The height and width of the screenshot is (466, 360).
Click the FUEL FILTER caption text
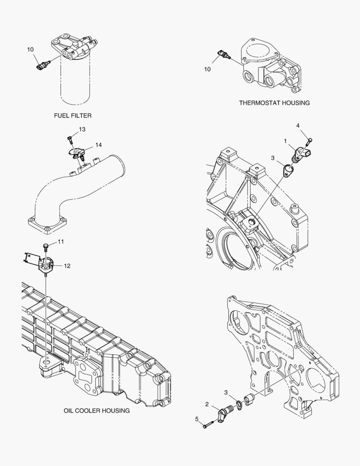click(x=72, y=116)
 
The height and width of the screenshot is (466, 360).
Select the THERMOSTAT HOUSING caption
click(x=274, y=103)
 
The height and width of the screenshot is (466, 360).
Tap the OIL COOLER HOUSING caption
click(x=97, y=411)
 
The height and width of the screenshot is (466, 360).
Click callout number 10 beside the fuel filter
click(x=30, y=50)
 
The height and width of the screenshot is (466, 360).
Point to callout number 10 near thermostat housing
click(x=207, y=69)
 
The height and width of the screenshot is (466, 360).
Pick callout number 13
click(x=82, y=129)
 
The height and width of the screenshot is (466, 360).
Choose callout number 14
click(x=99, y=145)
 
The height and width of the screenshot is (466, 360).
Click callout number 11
click(x=61, y=242)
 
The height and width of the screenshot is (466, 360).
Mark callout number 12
click(x=67, y=266)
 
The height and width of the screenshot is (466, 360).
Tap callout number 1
click(x=285, y=141)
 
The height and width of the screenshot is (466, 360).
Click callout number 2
click(x=207, y=404)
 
